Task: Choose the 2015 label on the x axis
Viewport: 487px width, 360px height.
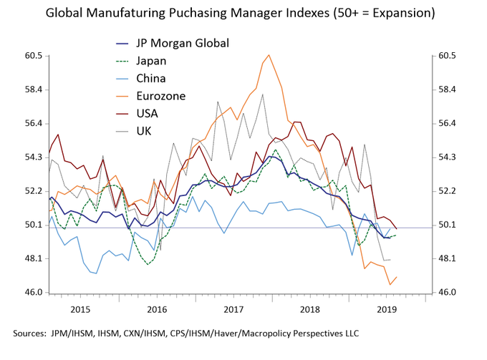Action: tap(80, 309)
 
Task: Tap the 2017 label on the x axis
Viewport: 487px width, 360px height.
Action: tap(234, 309)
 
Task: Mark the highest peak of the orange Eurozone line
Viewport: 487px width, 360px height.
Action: tap(269, 55)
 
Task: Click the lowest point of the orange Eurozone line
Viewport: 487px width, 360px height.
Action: tap(390, 285)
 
